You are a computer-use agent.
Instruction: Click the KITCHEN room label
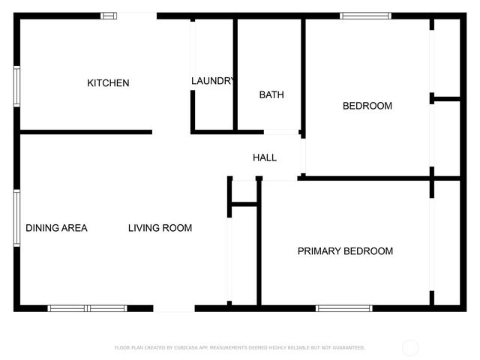108,83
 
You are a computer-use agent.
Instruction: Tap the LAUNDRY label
213,81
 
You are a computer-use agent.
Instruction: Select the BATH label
271,94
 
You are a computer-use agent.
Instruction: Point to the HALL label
264,157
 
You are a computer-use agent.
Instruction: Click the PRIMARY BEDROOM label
345,251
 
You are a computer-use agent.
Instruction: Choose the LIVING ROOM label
160,228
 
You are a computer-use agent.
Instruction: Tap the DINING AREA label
57,228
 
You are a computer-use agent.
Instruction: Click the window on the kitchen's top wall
109,16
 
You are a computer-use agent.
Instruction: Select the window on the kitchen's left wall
16,86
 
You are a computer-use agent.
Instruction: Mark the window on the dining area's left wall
16,217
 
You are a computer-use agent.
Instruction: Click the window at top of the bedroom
365,16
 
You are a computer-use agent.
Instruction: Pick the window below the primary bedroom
343,307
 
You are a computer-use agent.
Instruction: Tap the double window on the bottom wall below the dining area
88,307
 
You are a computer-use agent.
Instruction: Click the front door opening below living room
174,307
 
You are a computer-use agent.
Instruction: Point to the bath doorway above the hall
280,133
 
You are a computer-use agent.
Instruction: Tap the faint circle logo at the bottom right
410,347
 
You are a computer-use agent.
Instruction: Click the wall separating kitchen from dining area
85,133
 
